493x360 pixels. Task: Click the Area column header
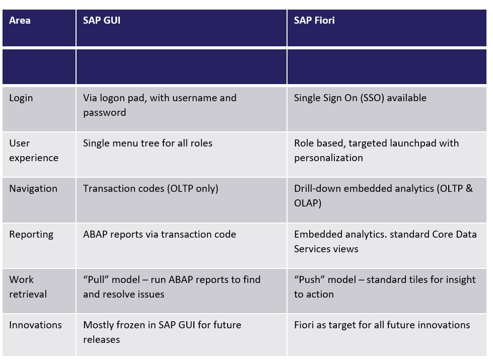(20, 21)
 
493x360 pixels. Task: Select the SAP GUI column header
(101, 21)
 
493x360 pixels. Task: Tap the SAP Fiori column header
(314, 21)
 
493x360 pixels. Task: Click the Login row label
(21, 98)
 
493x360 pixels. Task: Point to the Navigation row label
(33, 189)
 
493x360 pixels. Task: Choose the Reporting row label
(31, 234)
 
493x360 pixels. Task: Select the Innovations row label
(35, 325)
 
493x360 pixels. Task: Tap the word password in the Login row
(104, 113)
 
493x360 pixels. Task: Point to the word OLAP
(308, 203)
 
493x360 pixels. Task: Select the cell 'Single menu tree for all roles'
(148, 143)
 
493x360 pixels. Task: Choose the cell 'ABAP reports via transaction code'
(159, 234)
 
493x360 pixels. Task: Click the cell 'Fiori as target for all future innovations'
(382, 325)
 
